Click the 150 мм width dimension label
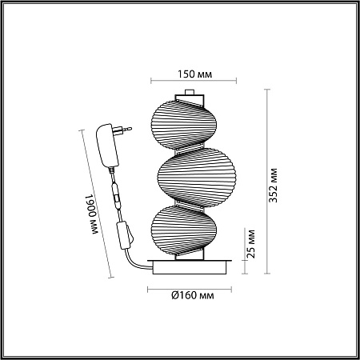point(195,74)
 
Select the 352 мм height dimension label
point(273,186)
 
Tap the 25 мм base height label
point(250,244)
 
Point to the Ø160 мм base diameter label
point(193,295)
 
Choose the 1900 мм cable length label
point(91,214)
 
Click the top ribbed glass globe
point(184,125)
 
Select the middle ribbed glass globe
point(197,178)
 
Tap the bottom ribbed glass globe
point(184,230)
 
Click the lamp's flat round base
point(190,266)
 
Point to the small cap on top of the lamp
point(190,92)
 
